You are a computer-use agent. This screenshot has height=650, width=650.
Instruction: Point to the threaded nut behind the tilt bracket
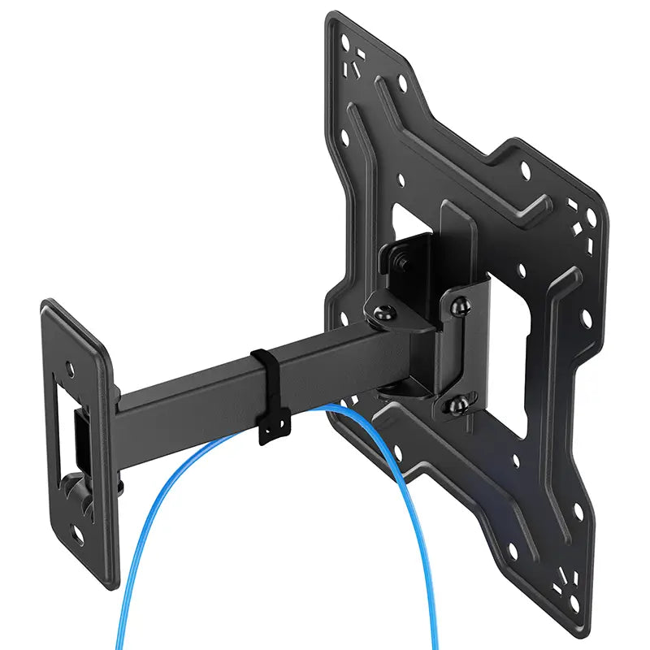point(401,263)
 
